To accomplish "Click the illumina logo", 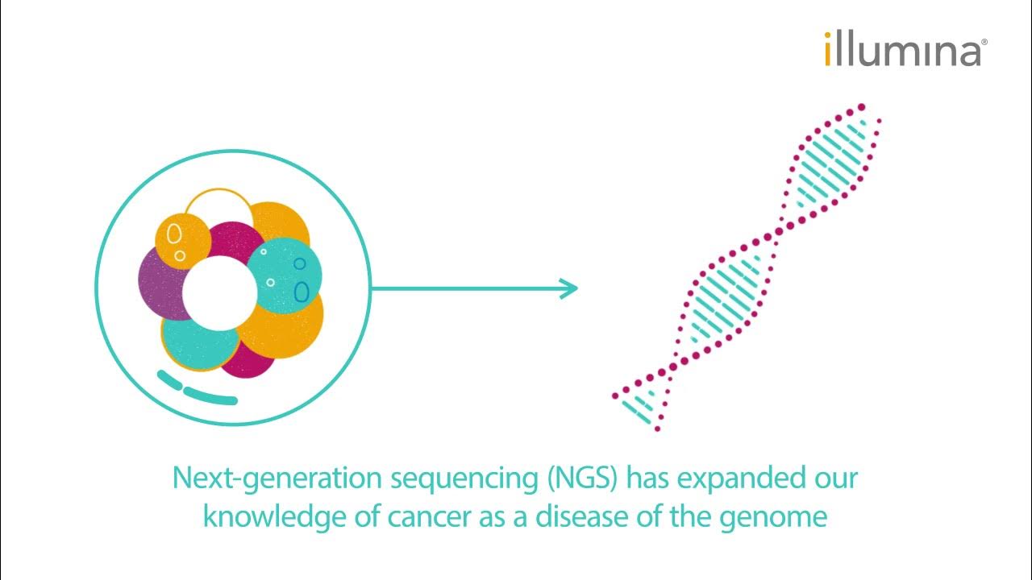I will point(901,50).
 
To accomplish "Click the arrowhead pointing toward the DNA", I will point(569,288).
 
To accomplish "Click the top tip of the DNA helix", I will point(861,107).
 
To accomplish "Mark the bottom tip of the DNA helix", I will point(656,427).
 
